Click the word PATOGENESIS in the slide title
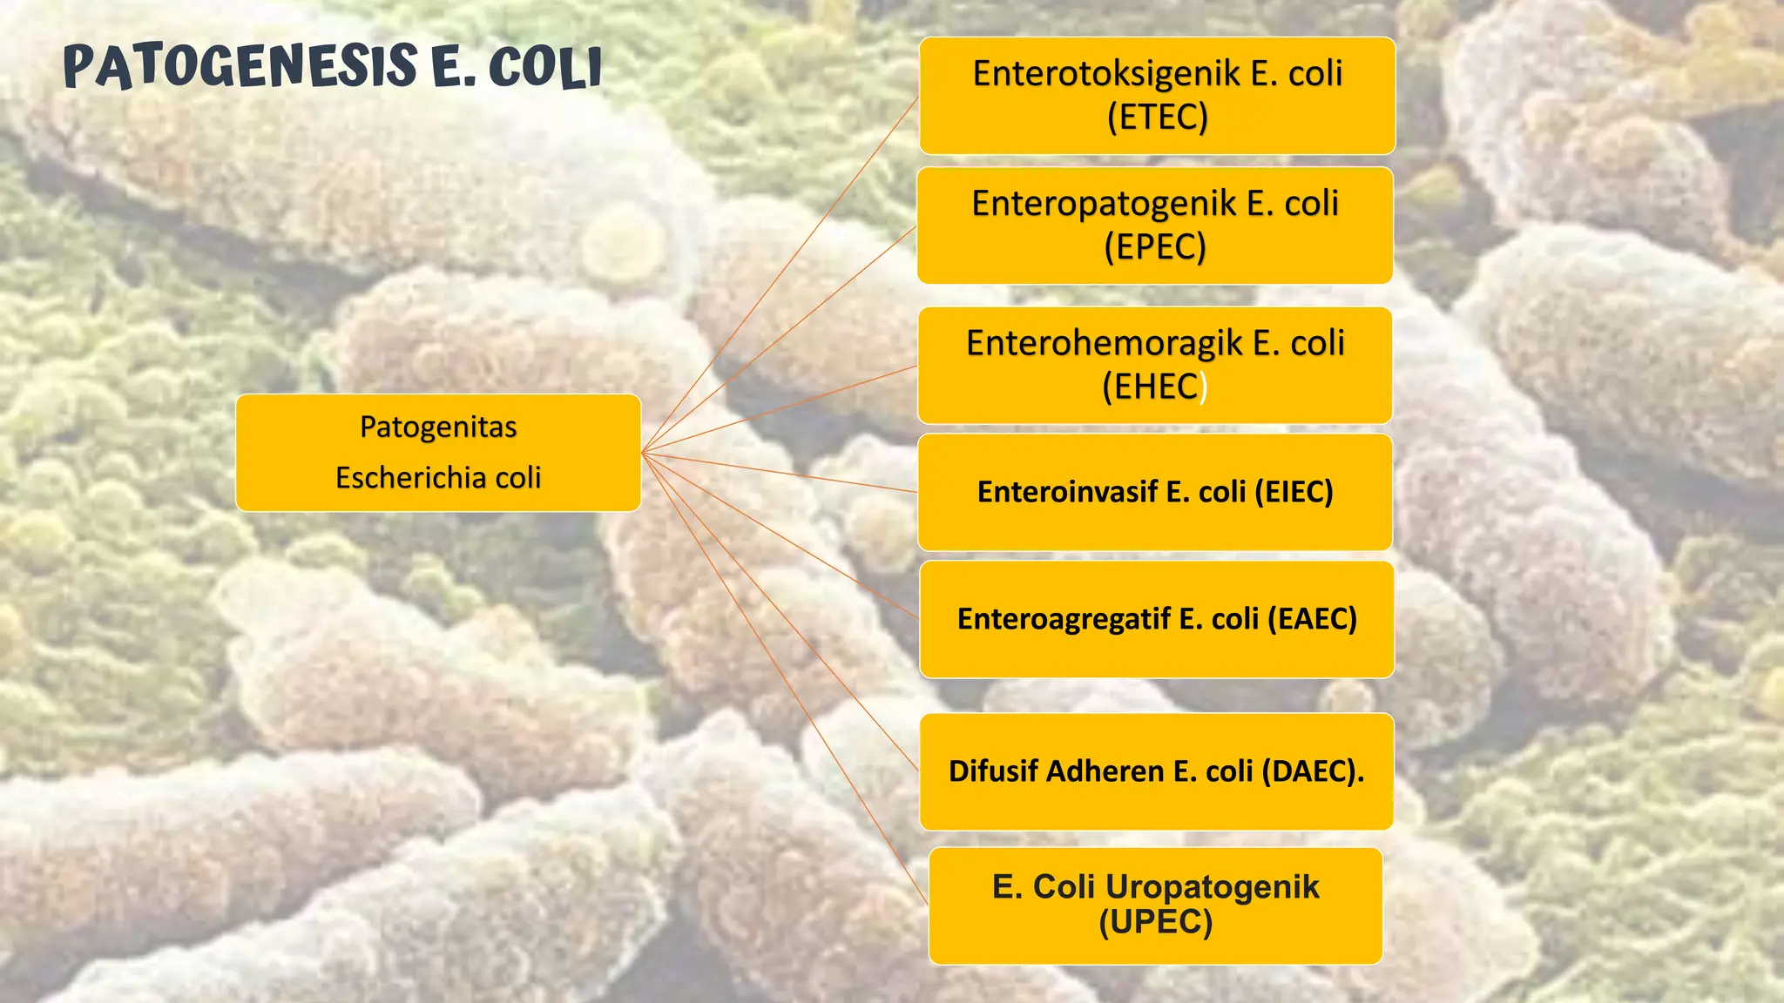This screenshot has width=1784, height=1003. pos(240,67)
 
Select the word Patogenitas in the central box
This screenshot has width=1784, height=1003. pos(438,427)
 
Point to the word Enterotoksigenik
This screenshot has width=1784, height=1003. pos(1106,74)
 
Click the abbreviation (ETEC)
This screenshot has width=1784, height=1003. pos(1157,118)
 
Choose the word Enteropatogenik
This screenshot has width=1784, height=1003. pos(1104,205)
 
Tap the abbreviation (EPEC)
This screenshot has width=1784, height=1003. pos(1155,248)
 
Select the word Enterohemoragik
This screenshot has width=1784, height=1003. pos(1105,344)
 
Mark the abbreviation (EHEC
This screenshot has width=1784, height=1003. pos(1150,387)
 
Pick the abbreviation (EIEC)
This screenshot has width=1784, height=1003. pos(1294,493)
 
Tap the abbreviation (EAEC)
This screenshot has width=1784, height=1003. pos(1312,619)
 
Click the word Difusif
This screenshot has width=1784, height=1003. pos(993,771)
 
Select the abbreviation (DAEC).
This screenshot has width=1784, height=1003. pos(1313,771)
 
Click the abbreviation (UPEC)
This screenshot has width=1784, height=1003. pos(1155,922)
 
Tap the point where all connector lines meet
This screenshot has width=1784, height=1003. pos(643,453)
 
